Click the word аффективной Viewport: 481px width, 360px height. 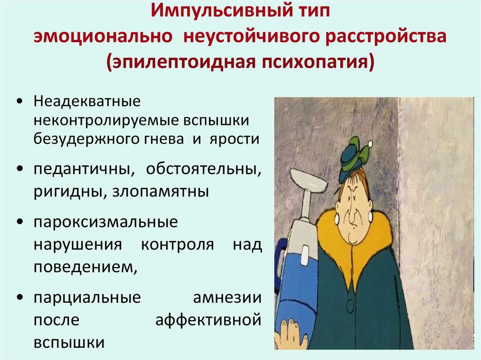tap(208, 321)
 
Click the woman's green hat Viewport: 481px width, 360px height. tap(354, 159)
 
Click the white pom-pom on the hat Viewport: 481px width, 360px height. tap(370, 143)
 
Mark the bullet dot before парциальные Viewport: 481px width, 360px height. tap(21, 298)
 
